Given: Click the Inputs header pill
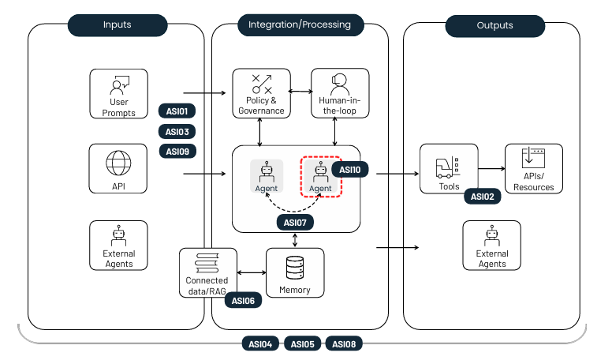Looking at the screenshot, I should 118,25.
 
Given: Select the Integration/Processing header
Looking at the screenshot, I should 300,25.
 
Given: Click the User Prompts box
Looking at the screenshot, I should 118,94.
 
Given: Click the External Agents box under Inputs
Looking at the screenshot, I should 118,246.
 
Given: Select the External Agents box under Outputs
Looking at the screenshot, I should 491,246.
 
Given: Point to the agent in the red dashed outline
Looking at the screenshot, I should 320,176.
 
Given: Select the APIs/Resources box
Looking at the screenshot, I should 533,168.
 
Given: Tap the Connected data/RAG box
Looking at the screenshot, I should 207,273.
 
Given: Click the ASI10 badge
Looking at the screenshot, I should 349,169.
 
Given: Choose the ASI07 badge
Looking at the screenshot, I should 294,223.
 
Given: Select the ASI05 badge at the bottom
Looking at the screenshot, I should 302,343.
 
